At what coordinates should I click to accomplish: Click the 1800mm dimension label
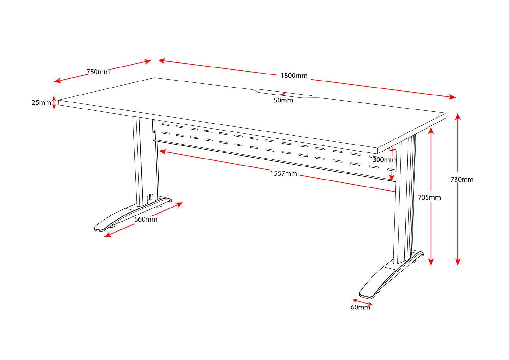[294, 76]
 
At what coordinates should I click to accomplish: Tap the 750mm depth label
[98, 72]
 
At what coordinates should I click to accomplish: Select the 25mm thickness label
[41, 103]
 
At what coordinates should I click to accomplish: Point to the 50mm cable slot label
[283, 101]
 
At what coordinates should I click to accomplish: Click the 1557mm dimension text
[283, 173]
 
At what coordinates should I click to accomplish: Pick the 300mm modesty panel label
[384, 160]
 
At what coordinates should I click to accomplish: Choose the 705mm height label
[429, 198]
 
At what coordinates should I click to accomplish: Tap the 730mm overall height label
[462, 180]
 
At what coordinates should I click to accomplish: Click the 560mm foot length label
[145, 219]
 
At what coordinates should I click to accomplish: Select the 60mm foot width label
[360, 307]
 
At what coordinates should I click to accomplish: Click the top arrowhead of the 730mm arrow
[457, 116]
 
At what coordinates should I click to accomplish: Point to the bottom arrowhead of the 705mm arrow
[431, 262]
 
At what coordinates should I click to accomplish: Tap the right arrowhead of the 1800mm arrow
[452, 97]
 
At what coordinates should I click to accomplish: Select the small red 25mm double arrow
[54, 102]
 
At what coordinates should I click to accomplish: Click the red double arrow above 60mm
[362, 302]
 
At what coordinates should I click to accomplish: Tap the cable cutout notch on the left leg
[150, 197]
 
